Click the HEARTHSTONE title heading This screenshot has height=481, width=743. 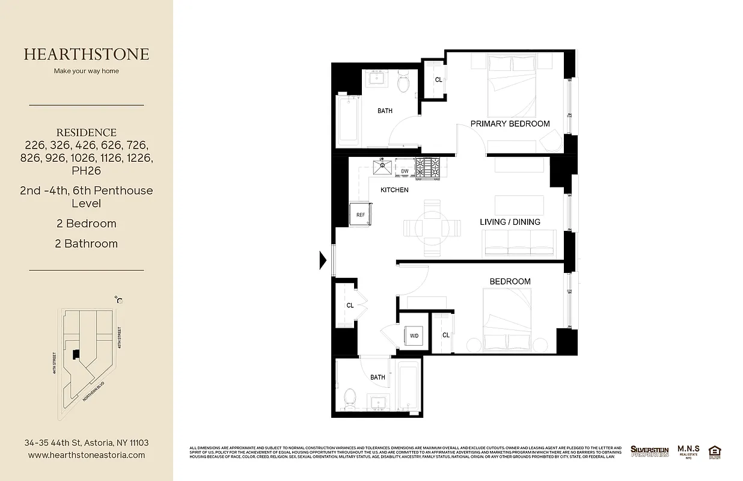(87, 54)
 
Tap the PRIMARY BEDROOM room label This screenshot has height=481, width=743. (510, 124)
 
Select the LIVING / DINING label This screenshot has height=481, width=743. (510, 222)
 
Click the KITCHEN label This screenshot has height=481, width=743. (394, 190)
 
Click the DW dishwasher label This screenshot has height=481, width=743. (405, 171)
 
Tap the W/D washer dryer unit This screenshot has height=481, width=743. (414, 335)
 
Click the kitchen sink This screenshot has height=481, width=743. (382, 167)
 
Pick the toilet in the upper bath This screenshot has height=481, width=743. (403, 83)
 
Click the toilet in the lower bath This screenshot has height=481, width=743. (349, 397)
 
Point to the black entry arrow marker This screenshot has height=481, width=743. (322, 260)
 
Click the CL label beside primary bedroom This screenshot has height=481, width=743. (438, 80)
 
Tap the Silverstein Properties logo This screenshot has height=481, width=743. (649, 451)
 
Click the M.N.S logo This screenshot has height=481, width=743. (688, 451)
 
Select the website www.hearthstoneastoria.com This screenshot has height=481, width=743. (87, 455)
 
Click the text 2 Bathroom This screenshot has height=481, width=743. (87, 244)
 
